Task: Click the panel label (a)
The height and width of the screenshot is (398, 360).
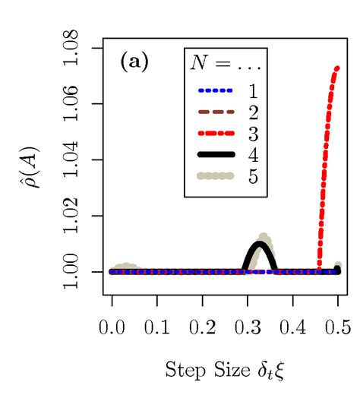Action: click(134, 63)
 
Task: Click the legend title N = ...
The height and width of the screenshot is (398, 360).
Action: click(226, 64)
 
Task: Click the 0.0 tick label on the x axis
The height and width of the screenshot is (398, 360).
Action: click(112, 327)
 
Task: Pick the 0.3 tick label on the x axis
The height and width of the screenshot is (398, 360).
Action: click(247, 327)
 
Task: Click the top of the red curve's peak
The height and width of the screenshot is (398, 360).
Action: click(336, 68)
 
